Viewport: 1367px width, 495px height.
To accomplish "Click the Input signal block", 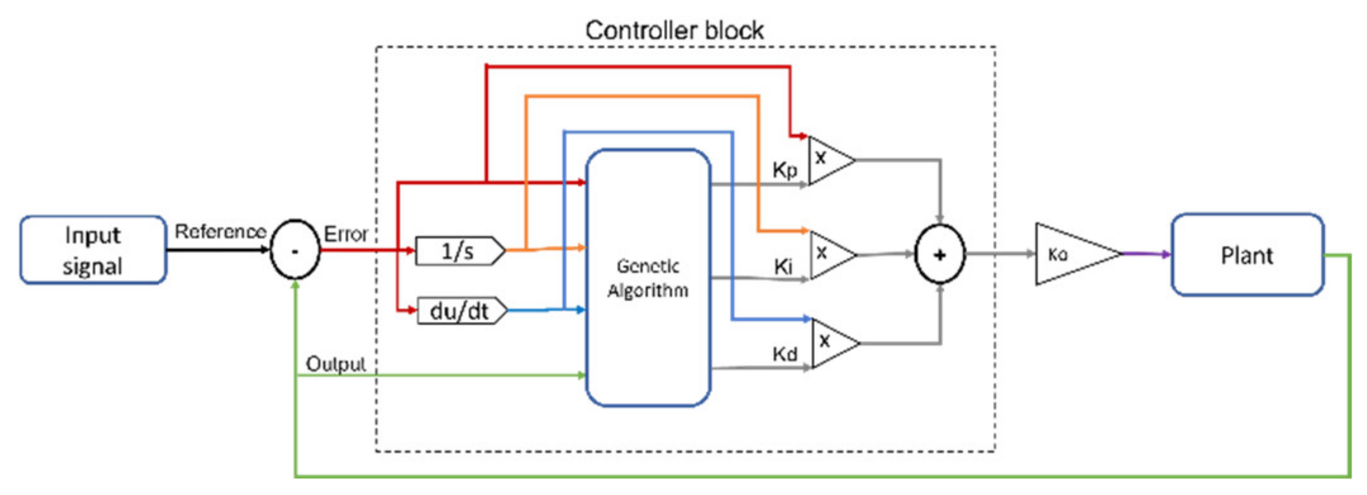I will [93, 250].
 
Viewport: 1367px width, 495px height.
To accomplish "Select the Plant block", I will [1247, 255].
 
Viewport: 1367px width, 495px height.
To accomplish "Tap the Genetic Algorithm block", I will [647, 278].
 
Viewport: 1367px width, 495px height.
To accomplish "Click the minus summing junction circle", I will [295, 250].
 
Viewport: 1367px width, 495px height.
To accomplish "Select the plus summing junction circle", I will [939, 254].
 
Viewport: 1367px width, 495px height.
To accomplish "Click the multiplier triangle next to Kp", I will [828, 160].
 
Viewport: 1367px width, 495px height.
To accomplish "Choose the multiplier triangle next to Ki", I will [829, 254].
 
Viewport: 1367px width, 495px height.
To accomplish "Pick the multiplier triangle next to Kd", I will [832, 343].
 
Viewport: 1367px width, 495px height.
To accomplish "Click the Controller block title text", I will [674, 30].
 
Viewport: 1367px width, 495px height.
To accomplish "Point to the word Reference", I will [220, 231].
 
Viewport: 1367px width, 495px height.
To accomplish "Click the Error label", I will [346, 234].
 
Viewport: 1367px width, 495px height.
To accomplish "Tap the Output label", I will [335, 364].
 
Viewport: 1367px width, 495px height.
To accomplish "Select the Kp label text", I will [785, 170].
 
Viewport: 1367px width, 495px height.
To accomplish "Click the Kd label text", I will [785, 353].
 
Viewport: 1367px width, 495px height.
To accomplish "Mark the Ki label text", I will [783, 267].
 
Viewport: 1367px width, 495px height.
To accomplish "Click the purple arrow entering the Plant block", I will [1147, 254].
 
